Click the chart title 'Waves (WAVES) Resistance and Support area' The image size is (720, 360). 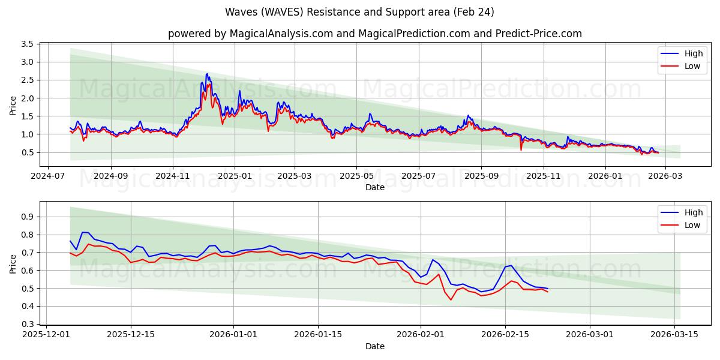coord(359,12)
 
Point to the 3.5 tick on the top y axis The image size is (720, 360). coord(27,44)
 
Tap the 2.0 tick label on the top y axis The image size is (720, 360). coord(27,98)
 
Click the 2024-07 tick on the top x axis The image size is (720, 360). coord(49,176)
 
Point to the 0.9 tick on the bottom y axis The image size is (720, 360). coord(27,217)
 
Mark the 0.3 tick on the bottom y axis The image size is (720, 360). coord(27,325)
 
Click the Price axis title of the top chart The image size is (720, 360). coord(13,104)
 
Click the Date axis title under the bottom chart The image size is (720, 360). coord(375,346)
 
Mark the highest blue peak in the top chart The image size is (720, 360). coord(207,74)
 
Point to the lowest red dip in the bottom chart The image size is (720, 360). coord(451,299)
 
